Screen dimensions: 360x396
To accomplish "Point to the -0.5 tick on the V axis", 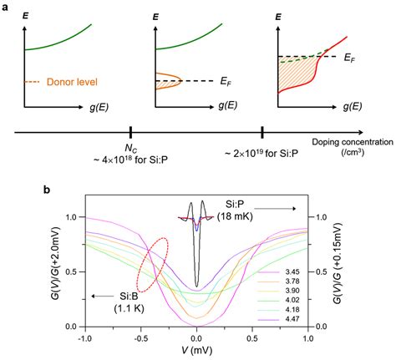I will (x=140, y=337).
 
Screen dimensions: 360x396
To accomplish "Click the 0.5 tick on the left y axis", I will (x=74, y=271).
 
